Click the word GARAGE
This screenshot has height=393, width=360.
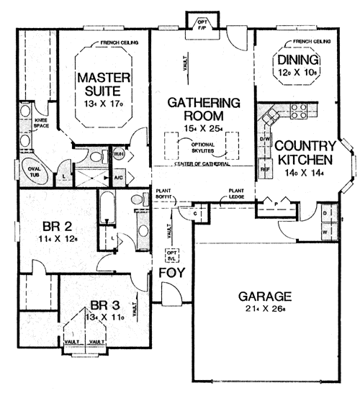[266, 296]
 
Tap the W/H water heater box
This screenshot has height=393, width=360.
[118, 153]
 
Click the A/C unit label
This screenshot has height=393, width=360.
[119, 176]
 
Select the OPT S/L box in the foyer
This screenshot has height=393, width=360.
[171, 254]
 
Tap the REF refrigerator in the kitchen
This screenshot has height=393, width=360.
[264, 171]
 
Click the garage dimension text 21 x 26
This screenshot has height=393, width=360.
[266, 310]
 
